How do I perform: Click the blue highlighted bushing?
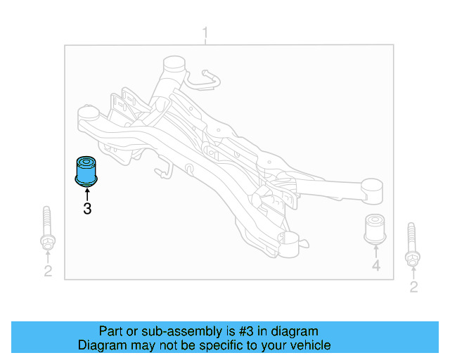(x=87, y=171)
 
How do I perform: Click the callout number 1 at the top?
(x=205, y=33)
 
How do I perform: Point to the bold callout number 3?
(x=87, y=208)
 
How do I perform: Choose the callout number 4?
(x=376, y=266)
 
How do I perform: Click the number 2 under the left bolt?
(x=47, y=271)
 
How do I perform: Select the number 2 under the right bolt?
(x=413, y=286)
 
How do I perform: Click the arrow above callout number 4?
(x=376, y=252)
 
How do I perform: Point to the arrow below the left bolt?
(x=47, y=257)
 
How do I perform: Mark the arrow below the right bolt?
(x=413, y=272)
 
